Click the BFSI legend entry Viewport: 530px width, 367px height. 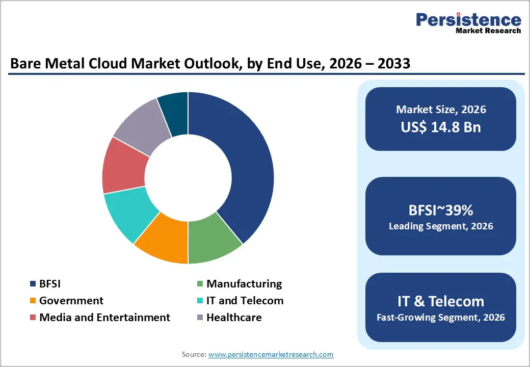click(50, 284)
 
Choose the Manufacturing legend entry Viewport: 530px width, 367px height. click(244, 284)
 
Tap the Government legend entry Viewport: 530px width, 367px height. click(71, 301)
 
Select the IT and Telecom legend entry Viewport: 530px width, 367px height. click(245, 301)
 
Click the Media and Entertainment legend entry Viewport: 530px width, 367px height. click(104, 318)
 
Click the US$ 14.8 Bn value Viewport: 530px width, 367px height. click(441, 127)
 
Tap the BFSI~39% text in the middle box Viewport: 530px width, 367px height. click(441, 209)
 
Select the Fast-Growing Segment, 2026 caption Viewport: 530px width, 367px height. click(441, 318)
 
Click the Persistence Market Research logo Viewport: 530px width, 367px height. click(468, 23)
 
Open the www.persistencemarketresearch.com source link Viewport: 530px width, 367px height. click(271, 354)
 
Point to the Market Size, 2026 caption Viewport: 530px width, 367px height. click(441, 110)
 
